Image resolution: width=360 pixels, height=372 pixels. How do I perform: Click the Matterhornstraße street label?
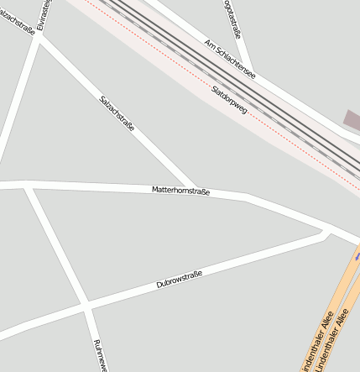tap(180, 191)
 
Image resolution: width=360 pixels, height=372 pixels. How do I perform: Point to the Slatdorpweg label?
tap(229, 98)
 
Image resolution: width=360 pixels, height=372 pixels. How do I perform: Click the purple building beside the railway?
tap(352, 120)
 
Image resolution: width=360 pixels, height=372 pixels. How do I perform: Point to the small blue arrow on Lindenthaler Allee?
tap(357, 259)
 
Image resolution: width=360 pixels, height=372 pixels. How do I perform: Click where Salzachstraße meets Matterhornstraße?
tap(196, 188)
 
